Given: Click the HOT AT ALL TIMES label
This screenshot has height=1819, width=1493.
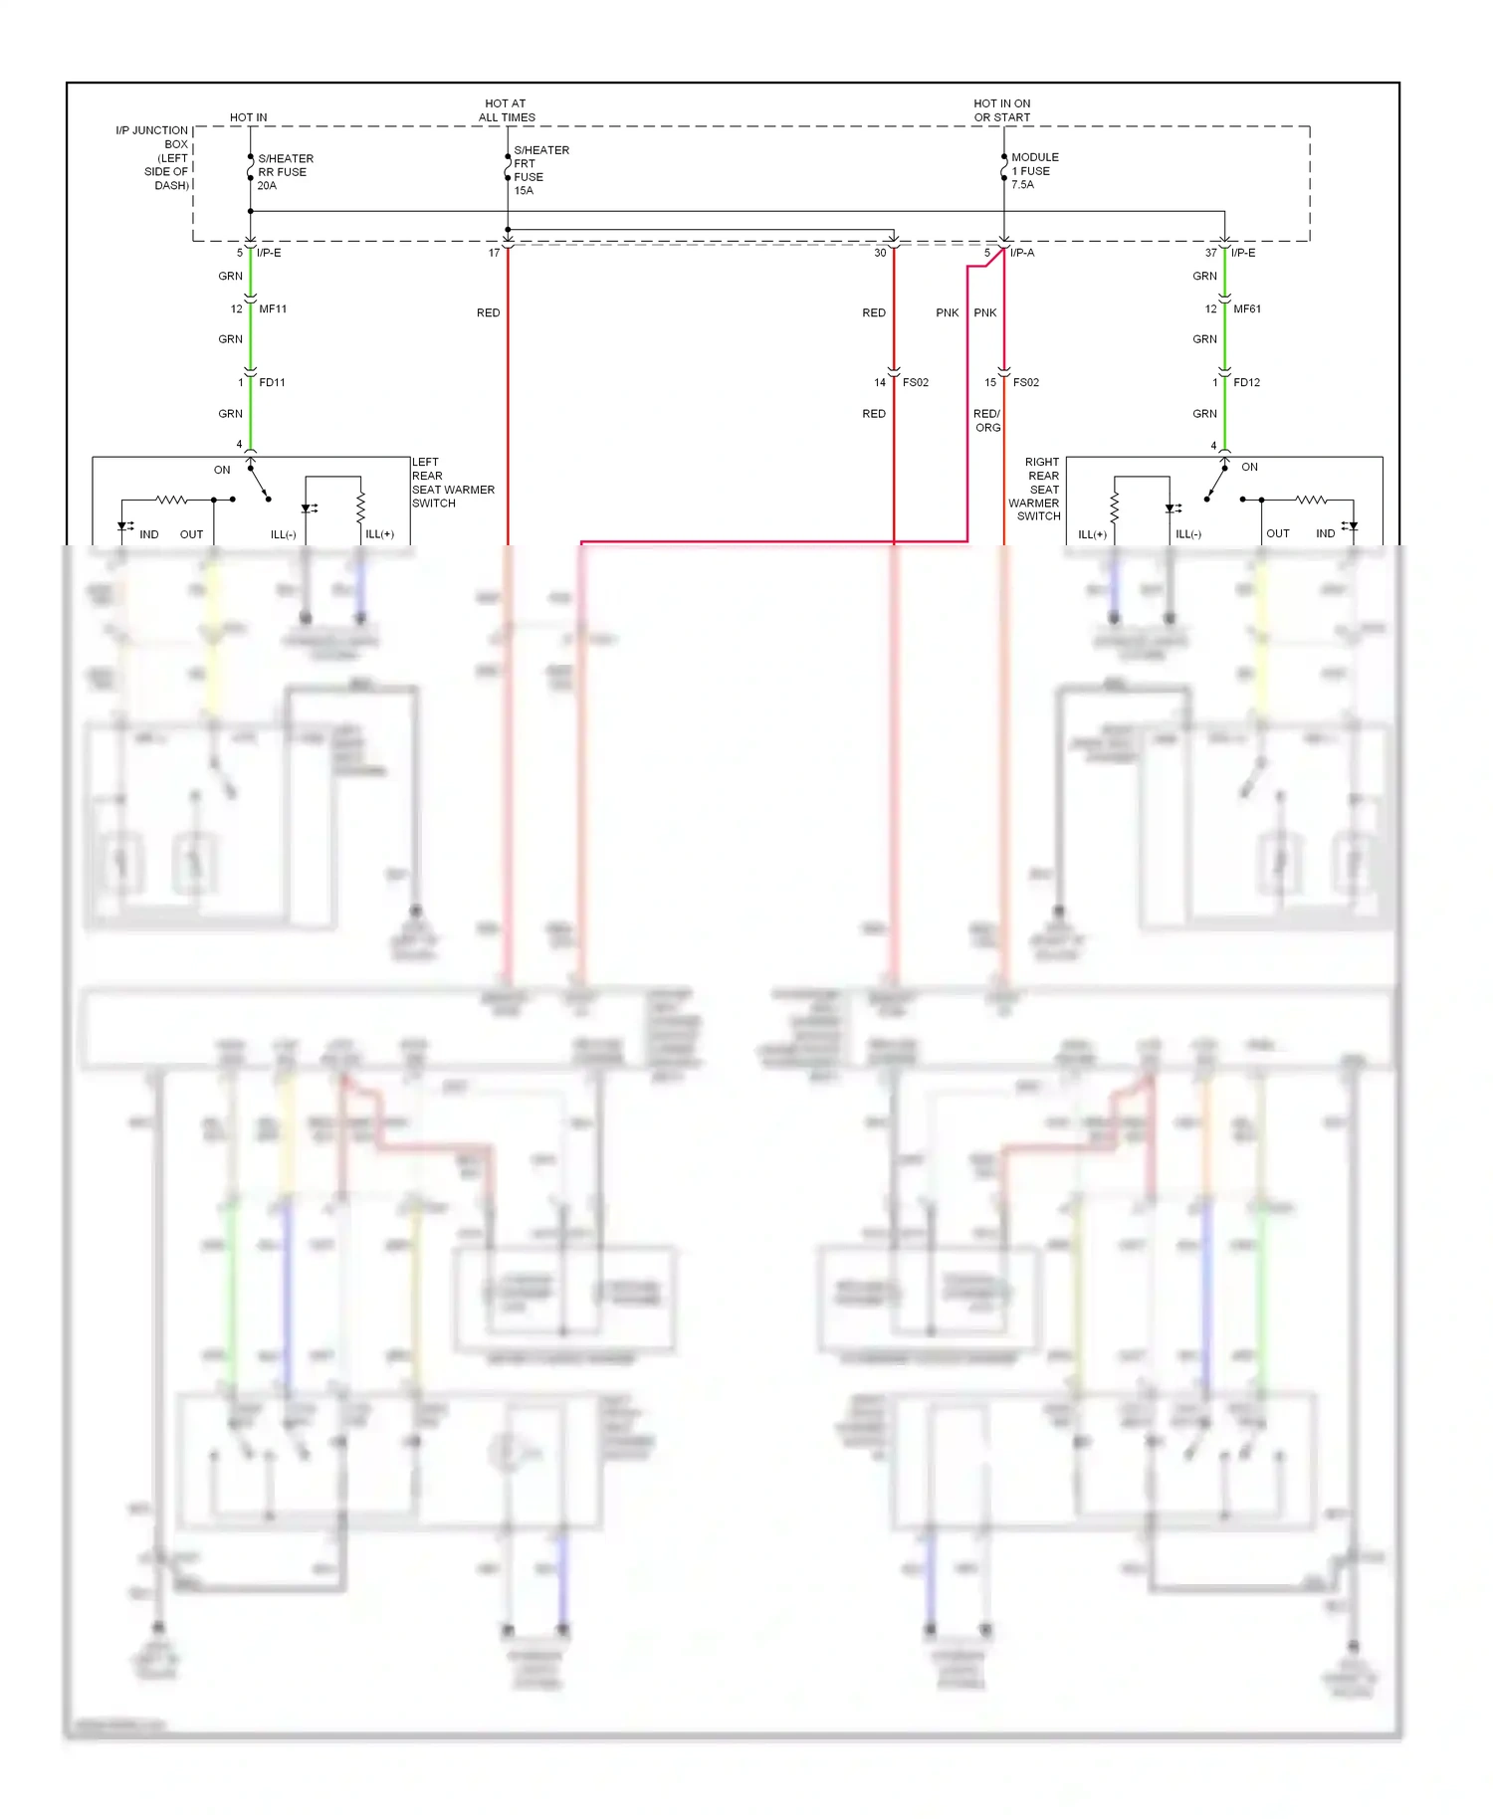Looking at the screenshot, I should pyautogui.click(x=507, y=110).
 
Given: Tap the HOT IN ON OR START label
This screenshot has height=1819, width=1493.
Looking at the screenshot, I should pyautogui.click(x=1001, y=110).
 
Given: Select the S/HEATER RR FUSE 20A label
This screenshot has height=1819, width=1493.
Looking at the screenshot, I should pyautogui.click(x=285, y=172).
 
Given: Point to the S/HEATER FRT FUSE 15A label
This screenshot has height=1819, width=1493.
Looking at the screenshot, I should pyautogui.click(x=540, y=170).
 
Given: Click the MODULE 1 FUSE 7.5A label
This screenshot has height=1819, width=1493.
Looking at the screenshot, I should pyautogui.click(x=1034, y=171).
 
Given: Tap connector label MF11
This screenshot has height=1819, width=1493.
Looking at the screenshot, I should pyautogui.click(x=273, y=309).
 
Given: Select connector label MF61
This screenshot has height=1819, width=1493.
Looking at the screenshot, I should pyautogui.click(x=1247, y=309).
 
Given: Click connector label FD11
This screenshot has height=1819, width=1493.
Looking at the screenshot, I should pyautogui.click(x=272, y=383).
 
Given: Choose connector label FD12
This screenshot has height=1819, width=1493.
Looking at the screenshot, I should pyautogui.click(x=1246, y=383).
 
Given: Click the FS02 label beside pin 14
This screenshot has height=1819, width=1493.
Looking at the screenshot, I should pyautogui.click(x=915, y=383).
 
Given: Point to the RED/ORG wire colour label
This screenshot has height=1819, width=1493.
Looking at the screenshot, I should pyautogui.click(x=986, y=421).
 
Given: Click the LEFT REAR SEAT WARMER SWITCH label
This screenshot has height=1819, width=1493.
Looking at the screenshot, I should pyautogui.click(x=452, y=483).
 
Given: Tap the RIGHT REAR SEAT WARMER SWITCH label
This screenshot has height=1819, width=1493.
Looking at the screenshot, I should pyautogui.click(x=1035, y=489).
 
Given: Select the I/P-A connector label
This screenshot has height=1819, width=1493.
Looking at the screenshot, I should pyautogui.click(x=1022, y=253).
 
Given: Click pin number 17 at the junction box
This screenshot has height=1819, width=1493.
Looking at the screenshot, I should pyautogui.click(x=494, y=253).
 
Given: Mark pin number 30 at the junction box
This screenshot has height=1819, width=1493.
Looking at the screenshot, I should pyautogui.click(x=880, y=253).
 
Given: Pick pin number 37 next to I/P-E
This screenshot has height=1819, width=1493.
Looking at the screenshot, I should pyautogui.click(x=1210, y=253).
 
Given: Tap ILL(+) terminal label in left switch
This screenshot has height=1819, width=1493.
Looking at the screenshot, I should pyautogui.click(x=379, y=534).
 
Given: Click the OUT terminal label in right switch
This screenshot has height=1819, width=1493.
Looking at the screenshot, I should pyautogui.click(x=1277, y=534).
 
